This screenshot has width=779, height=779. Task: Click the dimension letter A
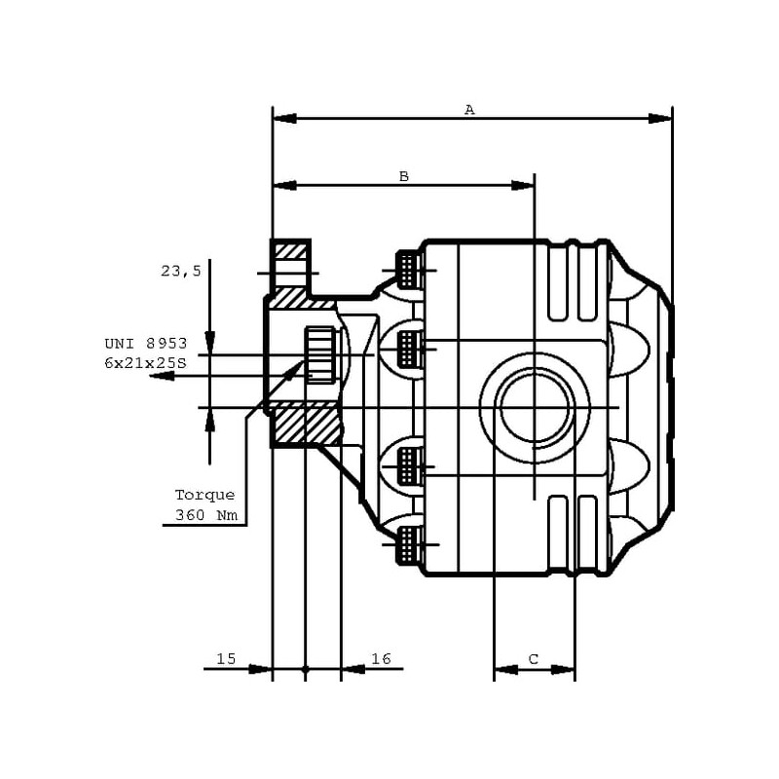[x=469, y=109]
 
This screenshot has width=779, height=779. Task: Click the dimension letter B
[x=404, y=176]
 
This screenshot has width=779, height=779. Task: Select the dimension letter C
[x=534, y=659]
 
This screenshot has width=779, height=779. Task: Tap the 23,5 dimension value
[x=181, y=272]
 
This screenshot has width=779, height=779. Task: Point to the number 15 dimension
[x=226, y=659]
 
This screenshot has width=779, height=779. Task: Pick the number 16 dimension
[x=381, y=659]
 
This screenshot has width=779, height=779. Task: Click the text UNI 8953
[x=145, y=343]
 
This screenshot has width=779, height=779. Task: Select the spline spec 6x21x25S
[x=145, y=361]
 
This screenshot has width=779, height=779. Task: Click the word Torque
[x=204, y=495]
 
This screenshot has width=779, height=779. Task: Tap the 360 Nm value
[x=204, y=515]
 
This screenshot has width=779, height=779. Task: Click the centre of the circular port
[x=534, y=406]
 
